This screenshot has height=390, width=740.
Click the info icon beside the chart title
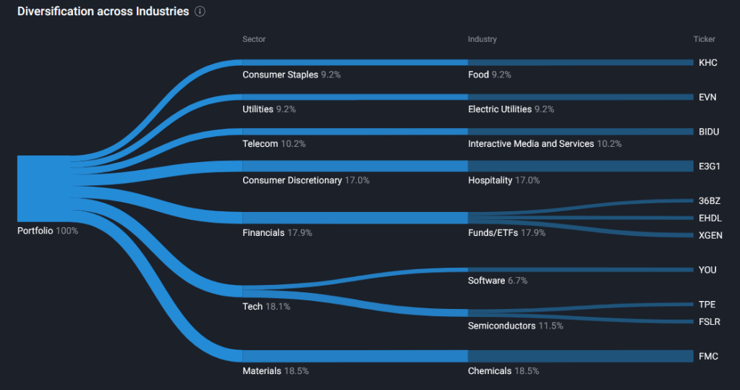click(x=200, y=12)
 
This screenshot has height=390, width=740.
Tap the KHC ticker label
click(x=707, y=62)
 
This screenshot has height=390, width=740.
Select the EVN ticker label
click(x=707, y=97)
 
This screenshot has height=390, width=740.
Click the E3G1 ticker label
click(x=710, y=166)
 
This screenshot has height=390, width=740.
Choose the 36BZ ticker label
click(x=710, y=201)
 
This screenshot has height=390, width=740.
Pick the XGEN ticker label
click(x=710, y=235)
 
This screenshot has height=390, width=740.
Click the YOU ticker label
click(x=707, y=270)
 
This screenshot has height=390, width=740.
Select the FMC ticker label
click(x=708, y=356)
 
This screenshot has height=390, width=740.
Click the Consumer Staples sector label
click(x=280, y=75)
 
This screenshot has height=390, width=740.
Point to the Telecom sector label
click(x=260, y=144)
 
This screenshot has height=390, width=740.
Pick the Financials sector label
click(x=263, y=233)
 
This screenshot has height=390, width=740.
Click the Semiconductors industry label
click(x=502, y=326)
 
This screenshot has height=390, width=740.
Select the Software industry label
click(x=486, y=280)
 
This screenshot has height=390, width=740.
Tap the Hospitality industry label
click(x=490, y=180)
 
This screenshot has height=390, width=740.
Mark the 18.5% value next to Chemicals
click(x=527, y=371)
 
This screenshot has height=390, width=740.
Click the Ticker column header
click(x=704, y=39)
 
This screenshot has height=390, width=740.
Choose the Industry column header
click(x=482, y=39)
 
